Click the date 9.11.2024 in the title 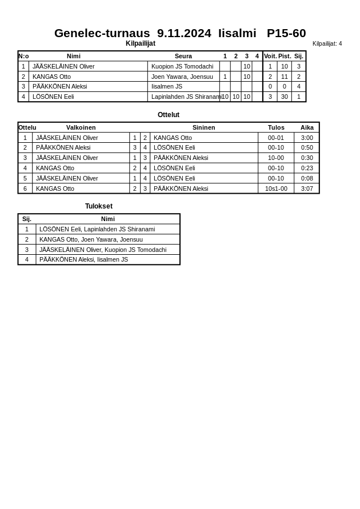[x=184, y=33]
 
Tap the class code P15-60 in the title [x=286, y=33]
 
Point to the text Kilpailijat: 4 [x=327, y=43]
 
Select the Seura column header [x=183, y=56]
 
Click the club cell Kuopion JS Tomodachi [x=182, y=66]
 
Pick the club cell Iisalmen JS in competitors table [x=167, y=86]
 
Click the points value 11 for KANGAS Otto [x=285, y=77]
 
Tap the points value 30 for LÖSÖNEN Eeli [x=285, y=97]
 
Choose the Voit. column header [x=270, y=56]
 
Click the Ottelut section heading [x=169, y=115]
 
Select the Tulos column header [x=276, y=127]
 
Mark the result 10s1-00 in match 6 [x=276, y=189]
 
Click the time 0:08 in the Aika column [x=307, y=178]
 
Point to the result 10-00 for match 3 [x=276, y=158]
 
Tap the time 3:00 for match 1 [x=307, y=138]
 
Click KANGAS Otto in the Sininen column [x=173, y=138]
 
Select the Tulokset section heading [x=99, y=206]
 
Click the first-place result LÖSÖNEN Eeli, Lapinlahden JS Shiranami [x=97, y=229]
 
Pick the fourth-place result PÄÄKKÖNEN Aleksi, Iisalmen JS [x=83, y=259]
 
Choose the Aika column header [x=307, y=127]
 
